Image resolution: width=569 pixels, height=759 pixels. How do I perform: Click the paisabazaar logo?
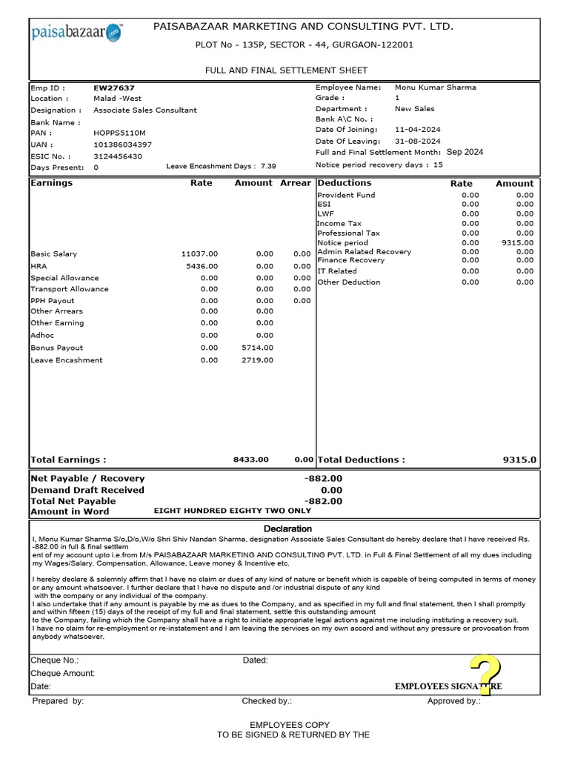(77, 32)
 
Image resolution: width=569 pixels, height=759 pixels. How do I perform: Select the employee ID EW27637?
(114, 87)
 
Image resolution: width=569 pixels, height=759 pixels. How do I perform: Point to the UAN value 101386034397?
(122, 145)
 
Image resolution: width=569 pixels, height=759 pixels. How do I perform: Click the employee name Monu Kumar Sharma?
(436, 87)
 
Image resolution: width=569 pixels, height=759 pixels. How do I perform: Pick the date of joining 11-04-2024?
(418, 130)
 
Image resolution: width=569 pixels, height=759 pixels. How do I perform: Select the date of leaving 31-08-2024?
(418, 141)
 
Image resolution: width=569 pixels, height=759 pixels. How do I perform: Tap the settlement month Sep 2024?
(465, 152)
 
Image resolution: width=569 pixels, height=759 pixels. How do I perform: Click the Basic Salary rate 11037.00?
(200, 254)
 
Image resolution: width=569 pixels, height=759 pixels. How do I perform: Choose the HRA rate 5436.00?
(202, 266)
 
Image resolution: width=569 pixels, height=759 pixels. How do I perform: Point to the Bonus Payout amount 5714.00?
(257, 348)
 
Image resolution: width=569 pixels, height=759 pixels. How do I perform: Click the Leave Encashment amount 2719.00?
(257, 360)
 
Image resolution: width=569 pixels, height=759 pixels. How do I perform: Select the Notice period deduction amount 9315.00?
(517, 242)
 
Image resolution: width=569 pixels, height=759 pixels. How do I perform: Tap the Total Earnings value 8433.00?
(251, 460)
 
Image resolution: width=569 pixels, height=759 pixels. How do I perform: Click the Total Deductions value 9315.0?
(519, 460)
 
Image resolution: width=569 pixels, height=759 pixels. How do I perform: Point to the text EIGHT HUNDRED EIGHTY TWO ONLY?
(232, 511)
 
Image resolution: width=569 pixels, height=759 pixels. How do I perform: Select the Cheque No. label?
(54, 660)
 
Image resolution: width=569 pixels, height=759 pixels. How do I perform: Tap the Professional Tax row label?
(348, 233)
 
